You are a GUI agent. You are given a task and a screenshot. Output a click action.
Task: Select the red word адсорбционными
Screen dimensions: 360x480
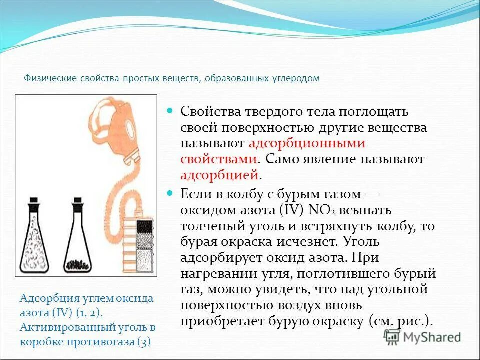[307, 143]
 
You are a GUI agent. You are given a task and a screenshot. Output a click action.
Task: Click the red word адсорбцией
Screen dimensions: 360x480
[220, 175]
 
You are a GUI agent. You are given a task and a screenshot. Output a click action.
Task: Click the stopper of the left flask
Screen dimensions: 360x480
[33, 204]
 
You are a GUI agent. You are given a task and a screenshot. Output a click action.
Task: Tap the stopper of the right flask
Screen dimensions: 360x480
[77, 204]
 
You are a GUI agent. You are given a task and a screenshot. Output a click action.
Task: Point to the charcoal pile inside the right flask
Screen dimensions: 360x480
[78, 263]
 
